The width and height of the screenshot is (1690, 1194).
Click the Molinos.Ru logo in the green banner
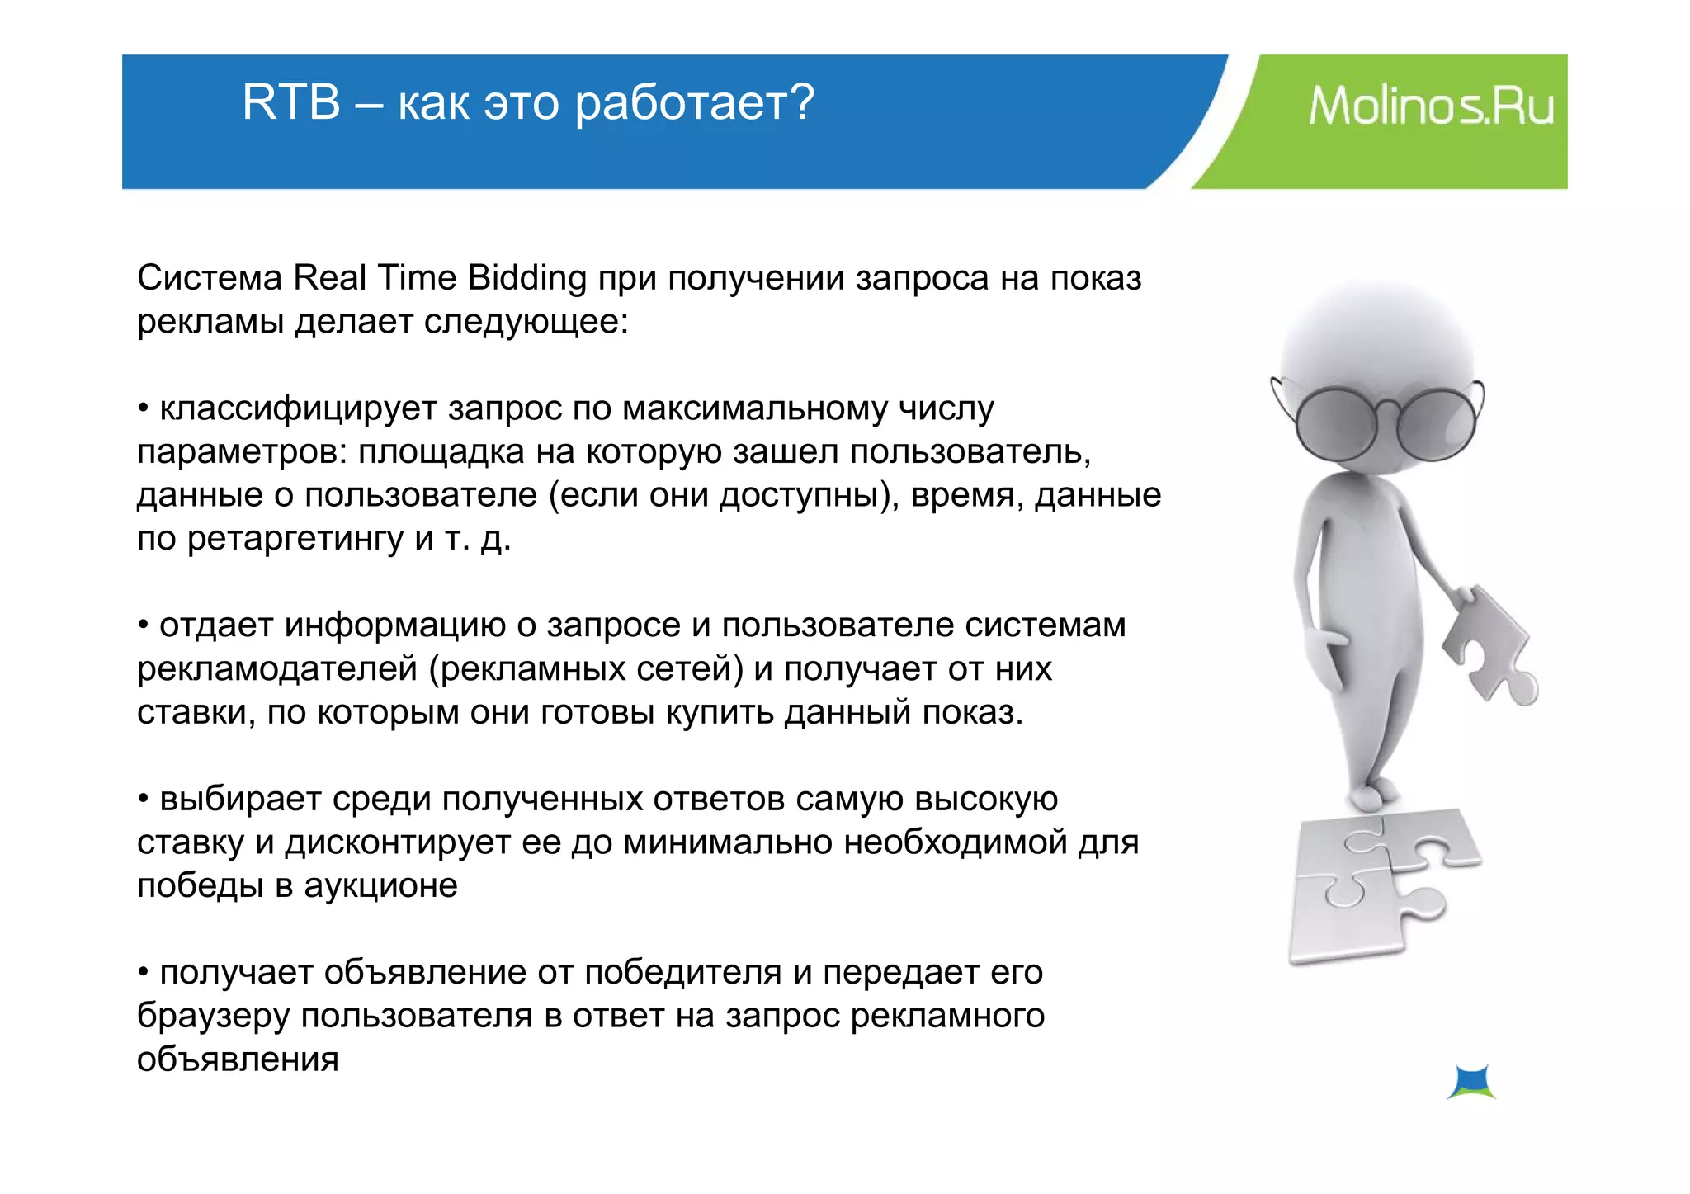click(x=1431, y=107)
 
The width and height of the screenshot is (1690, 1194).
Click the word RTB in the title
click(x=290, y=103)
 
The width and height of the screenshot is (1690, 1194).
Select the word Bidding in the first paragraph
click(x=526, y=278)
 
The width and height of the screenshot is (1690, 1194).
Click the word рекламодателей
click(x=277, y=669)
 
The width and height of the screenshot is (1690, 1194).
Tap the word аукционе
click(x=380, y=886)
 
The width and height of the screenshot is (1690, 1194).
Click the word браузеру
click(x=213, y=1017)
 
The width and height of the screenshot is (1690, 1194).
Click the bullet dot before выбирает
click(x=144, y=799)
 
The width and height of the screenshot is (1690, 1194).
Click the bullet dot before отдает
click(x=144, y=625)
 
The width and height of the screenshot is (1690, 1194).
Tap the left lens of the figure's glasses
click(x=1336, y=425)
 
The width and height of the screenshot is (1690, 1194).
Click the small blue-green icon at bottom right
click(x=1471, y=1082)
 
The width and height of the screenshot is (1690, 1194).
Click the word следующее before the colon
click(x=521, y=322)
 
